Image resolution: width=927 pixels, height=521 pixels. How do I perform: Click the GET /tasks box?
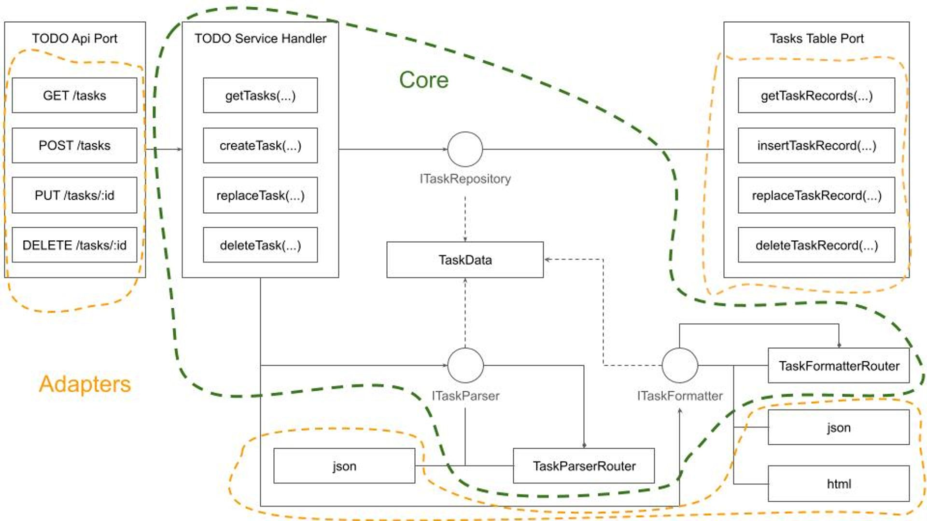(74, 96)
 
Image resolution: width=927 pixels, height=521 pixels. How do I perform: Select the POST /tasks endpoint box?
(74, 145)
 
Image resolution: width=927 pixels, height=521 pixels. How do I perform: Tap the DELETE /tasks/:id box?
(74, 245)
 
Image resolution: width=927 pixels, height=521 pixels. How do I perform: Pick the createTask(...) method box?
(260, 145)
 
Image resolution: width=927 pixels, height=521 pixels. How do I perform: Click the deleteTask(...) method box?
(260, 245)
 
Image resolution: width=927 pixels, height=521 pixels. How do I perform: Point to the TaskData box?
(465, 260)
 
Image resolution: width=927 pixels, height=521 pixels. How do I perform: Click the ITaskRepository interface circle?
(465, 150)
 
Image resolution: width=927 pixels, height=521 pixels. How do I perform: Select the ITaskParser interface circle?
(465, 365)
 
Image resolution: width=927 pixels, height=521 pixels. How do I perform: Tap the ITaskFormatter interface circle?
(679, 365)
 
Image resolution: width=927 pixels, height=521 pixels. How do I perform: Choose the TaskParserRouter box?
(584, 466)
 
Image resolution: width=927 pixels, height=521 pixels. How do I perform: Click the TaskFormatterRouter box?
(839, 366)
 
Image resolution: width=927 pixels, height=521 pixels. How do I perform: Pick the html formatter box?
(839, 483)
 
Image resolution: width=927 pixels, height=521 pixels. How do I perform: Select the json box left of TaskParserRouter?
(344, 466)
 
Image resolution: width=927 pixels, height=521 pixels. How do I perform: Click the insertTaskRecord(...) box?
(816, 145)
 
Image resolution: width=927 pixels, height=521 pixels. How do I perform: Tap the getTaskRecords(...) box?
(816, 96)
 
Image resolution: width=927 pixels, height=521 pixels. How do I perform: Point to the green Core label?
(423, 80)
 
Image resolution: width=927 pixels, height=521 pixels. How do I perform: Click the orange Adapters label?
(85, 384)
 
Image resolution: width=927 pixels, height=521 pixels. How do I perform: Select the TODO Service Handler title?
(260, 39)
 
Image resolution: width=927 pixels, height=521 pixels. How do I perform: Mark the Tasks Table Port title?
(816, 39)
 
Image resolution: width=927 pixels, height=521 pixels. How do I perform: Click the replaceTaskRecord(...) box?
(816, 195)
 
